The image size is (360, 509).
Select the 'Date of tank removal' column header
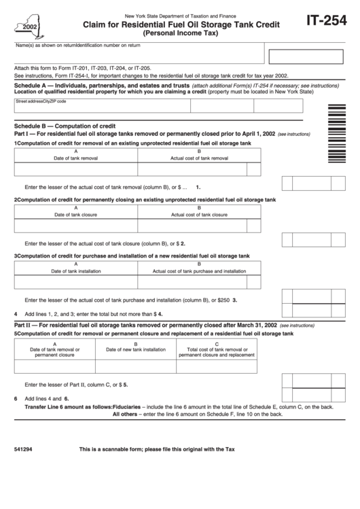click(75, 157)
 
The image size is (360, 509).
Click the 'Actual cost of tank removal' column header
click(199, 157)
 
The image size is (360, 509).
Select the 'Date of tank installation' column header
click(75, 270)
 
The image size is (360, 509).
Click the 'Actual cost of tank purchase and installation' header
click(199, 270)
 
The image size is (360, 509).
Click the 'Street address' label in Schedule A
click(28, 101)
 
